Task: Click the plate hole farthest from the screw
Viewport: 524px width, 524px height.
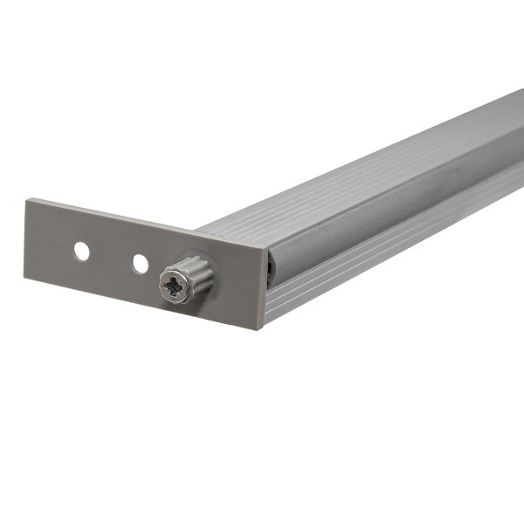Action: (x=81, y=252)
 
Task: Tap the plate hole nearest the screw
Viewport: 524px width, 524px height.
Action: (x=139, y=262)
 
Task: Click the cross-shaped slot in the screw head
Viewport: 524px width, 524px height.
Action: (x=175, y=286)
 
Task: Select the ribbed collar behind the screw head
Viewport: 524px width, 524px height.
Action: (x=198, y=273)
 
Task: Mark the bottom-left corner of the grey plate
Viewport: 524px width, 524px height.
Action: (x=25, y=279)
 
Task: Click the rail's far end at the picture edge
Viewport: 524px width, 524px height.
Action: (x=519, y=131)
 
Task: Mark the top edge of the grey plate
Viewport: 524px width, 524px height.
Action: (x=140, y=221)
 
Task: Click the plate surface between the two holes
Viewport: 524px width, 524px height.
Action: (x=110, y=257)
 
